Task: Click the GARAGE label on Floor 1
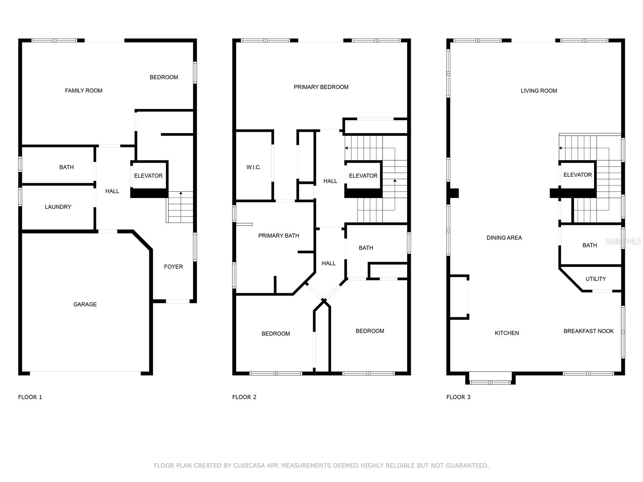(85, 304)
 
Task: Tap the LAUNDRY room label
(58, 207)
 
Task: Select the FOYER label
(174, 267)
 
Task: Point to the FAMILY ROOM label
(84, 91)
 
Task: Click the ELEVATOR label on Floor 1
(148, 176)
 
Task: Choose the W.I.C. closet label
(254, 167)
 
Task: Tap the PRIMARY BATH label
(278, 236)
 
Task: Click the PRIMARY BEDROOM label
(321, 87)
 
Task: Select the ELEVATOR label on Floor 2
(363, 176)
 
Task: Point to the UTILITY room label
(596, 279)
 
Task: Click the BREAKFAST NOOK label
(588, 331)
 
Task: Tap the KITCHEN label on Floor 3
(507, 333)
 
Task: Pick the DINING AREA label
(504, 238)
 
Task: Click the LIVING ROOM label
(539, 91)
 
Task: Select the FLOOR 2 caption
(244, 397)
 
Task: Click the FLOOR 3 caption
(459, 397)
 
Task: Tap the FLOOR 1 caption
(30, 397)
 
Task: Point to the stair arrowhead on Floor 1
(181, 193)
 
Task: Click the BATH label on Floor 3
(590, 245)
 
